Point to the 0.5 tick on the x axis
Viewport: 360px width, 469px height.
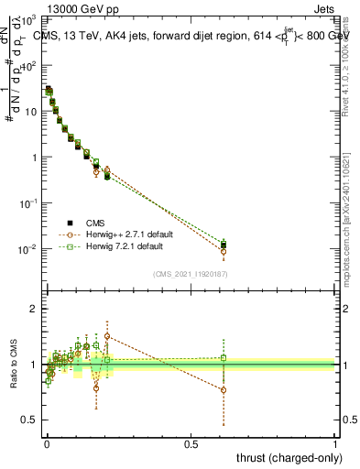point(191,443)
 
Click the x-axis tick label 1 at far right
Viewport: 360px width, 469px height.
point(334,443)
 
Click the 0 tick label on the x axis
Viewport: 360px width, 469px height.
point(47,443)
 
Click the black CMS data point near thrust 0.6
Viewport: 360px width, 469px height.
point(224,245)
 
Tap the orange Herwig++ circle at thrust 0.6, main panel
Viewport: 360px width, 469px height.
point(224,251)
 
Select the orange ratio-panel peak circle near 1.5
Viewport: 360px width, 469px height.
point(107,336)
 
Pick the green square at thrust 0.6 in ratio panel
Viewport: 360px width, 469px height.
point(224,358)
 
